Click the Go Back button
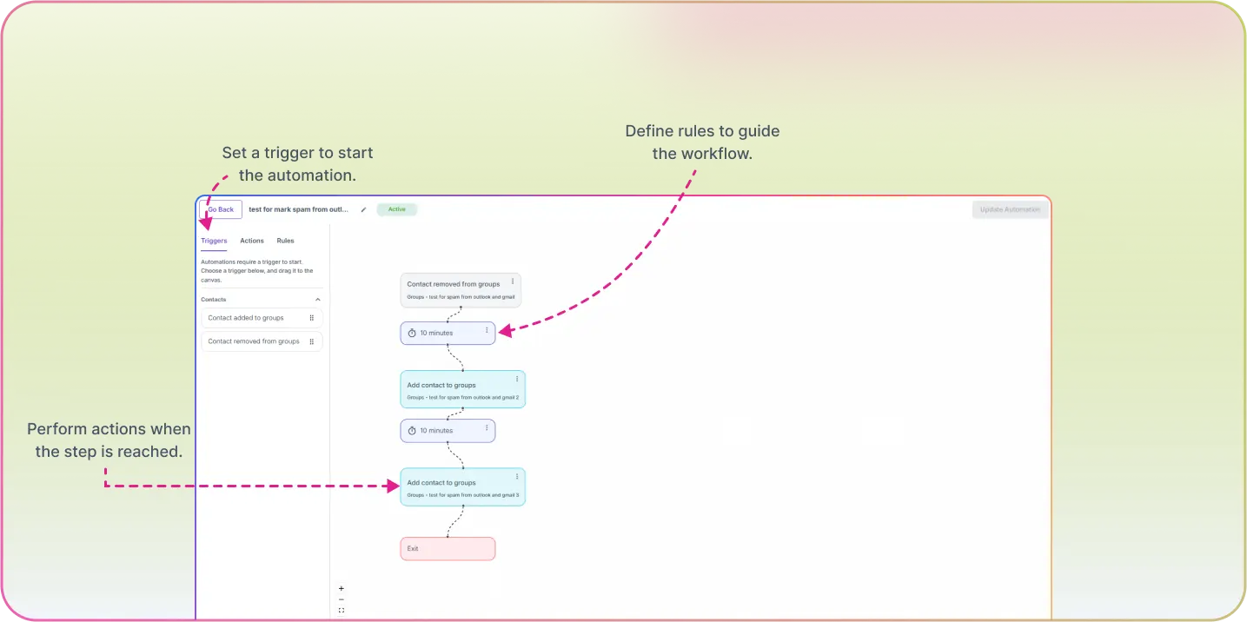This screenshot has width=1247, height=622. coord(221,209)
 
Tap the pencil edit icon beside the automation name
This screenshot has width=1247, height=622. coord(363,209)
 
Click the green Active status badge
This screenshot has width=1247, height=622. coord(396,209)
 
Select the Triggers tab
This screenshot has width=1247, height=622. coord(214,241)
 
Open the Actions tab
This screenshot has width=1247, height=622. coord(252,241)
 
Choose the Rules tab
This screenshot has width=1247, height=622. coord(285,241)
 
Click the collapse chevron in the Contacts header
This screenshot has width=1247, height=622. coord(317,300)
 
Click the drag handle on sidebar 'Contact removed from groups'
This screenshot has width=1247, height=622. coord(312,341)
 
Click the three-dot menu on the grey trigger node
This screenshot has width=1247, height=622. coord(513,281)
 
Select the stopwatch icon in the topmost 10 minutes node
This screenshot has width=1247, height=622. coord(412,333)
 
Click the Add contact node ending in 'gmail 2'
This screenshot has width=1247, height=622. coord(462,389)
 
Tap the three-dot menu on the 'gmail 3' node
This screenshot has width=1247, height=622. coord(517,476)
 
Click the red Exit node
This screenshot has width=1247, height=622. coord(448,548)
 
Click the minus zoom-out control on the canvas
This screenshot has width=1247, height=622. coord(341,599)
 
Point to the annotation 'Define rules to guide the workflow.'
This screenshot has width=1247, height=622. coord(702,142)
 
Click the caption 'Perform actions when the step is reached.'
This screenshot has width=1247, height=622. coord(109,440)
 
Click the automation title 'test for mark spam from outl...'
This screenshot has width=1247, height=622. coord(298,209)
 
